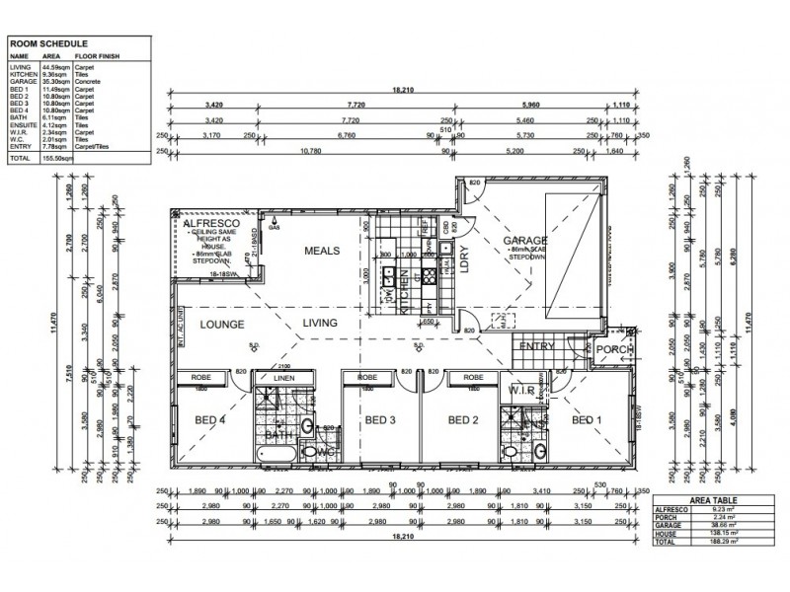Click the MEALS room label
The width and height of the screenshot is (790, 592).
tap(322, 251)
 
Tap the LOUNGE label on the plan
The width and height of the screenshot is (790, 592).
tap(223, 323)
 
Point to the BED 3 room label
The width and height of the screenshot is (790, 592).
tap(380, 419)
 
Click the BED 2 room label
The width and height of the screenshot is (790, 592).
tap(464, 419)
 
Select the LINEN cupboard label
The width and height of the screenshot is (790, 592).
tap(282, 378)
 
